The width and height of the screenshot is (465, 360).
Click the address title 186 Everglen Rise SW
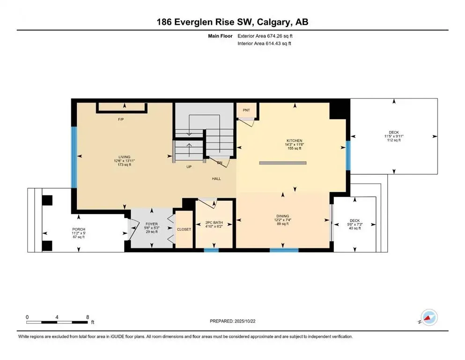pos(232,22)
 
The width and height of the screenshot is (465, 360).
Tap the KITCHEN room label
pos(295,141)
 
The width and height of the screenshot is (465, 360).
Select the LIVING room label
pos(124,157)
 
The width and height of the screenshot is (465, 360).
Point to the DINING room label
pos(282,216)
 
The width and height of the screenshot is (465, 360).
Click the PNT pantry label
pos(246,110)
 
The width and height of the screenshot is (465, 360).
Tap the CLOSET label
pos(184,230)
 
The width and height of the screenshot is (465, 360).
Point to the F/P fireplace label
pos(120,120)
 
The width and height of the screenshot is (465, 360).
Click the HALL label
pos(216,179)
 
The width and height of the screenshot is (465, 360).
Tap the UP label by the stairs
pos(189,166)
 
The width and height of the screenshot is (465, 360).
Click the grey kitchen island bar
pos(282,163)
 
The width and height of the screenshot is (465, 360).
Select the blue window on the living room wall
pos(74,157)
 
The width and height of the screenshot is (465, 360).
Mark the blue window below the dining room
pos(284,250)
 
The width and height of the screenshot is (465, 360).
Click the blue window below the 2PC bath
pos(211,250)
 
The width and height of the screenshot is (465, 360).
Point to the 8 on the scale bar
pos(88,317)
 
